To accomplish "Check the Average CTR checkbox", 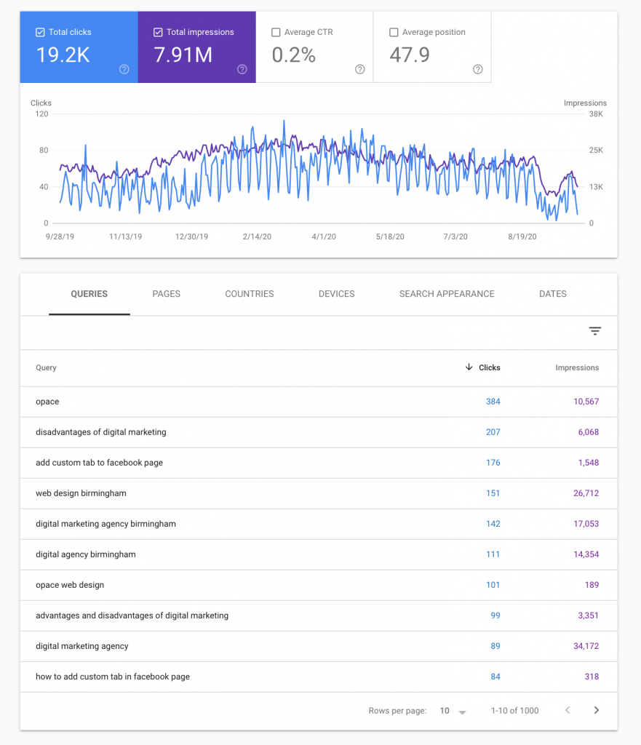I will point(276,33).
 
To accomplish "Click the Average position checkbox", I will point(394,33).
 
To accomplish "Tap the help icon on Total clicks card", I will point(124,69).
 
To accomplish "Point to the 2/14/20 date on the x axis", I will point(257,236).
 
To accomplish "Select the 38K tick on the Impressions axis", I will point(596,114).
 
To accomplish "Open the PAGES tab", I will point(166,294).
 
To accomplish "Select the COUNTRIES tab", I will point(250,294).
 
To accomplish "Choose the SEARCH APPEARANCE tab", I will point(447,294).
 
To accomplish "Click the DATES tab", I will point(553,294).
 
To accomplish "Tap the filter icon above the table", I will point(595,331).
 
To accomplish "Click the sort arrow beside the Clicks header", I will point(469,367).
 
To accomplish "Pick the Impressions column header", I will point(577,368).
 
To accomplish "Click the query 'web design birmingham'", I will point(81,493).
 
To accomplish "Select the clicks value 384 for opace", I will point(493,402).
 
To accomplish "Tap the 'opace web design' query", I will point(70,585).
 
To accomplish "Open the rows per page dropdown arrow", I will point(462,711).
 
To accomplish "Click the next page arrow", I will point(596,710).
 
